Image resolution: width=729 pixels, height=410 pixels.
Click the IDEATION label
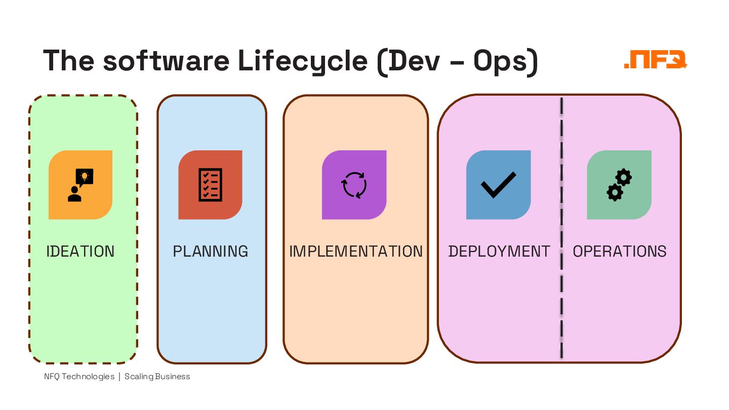click(80, 252)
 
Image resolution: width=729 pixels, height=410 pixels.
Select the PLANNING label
click(211, 252)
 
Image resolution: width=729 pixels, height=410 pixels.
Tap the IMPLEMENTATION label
click(355, 252)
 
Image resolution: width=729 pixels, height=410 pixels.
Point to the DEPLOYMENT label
click(499, 252)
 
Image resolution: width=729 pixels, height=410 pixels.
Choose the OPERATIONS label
click(620, 252)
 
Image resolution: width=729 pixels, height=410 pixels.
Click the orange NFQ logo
click(656, 60)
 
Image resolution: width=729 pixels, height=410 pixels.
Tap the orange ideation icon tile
click(80, 185)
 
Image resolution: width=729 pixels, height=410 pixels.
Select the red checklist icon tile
click(210, 185)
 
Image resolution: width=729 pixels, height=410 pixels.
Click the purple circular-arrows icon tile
click(354, 185)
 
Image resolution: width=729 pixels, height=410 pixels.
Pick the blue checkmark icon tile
click(499, 185)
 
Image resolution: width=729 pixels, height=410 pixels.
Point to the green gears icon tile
click(619, 185)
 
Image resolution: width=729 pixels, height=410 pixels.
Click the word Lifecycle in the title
click(303, 61)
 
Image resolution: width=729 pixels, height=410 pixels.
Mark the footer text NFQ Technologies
click(79, 377)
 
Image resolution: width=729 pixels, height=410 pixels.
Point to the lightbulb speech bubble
click(85, 177)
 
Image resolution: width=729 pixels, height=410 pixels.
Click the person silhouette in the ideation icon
click(74, 194)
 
